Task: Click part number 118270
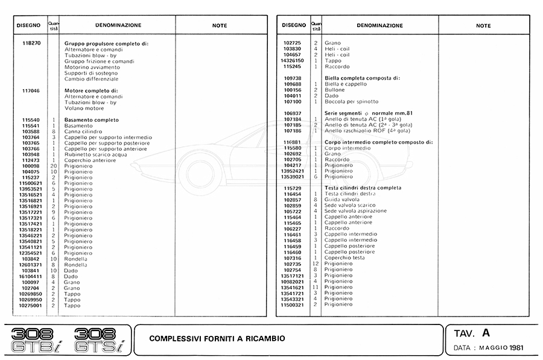[x=30, y=44]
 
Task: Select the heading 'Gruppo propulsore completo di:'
[x=106, y=44]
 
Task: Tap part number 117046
[x=30, y=91]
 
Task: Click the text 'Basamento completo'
[x=91, y=120]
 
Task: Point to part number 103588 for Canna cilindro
[x=30, y=131]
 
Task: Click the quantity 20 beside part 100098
[x=54, y=166]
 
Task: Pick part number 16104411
[x=30, y=276]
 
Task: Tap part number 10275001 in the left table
[x=30, y=306]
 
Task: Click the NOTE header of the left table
[x=220, y=25]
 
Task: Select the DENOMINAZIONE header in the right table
[x=379, y=25]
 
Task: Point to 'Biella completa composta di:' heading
[x=362, y=78]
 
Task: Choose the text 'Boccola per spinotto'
[x=352, y=101]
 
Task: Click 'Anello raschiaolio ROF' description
[x=367, y=131]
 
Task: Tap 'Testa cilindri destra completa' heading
[x=363, y=188]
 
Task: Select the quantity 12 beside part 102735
[x=316, y=264]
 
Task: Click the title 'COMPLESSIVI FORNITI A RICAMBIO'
[x=217, y=339]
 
